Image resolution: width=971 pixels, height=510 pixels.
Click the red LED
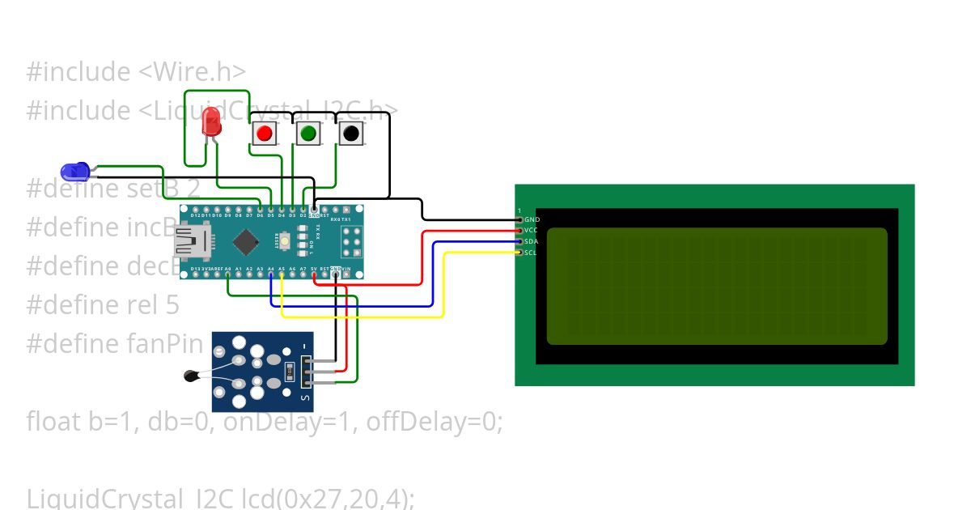tap(212, 123)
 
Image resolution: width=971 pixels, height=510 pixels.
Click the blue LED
tap(74, 171)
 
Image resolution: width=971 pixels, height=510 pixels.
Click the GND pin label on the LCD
tap(532, 219)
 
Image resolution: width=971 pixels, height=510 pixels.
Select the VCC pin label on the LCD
tap(531, 231)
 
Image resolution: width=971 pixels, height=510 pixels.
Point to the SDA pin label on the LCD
tap(531, 241)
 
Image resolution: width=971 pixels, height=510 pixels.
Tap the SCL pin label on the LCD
tap(530, 253)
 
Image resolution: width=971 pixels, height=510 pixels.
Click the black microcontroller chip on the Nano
tap(245, 240)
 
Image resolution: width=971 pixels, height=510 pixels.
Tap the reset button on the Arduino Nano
tap(286, 240)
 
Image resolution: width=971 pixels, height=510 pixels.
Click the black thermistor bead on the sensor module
tap(192, 375)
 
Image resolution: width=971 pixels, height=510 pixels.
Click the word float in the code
tap(53, 422)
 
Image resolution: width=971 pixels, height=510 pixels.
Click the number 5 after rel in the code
tap(173, 305)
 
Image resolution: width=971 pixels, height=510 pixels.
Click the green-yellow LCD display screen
tap(717, 286)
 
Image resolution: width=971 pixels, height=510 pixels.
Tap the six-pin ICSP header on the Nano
tap(351, 240)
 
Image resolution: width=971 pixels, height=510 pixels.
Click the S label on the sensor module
tap(304, 397)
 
